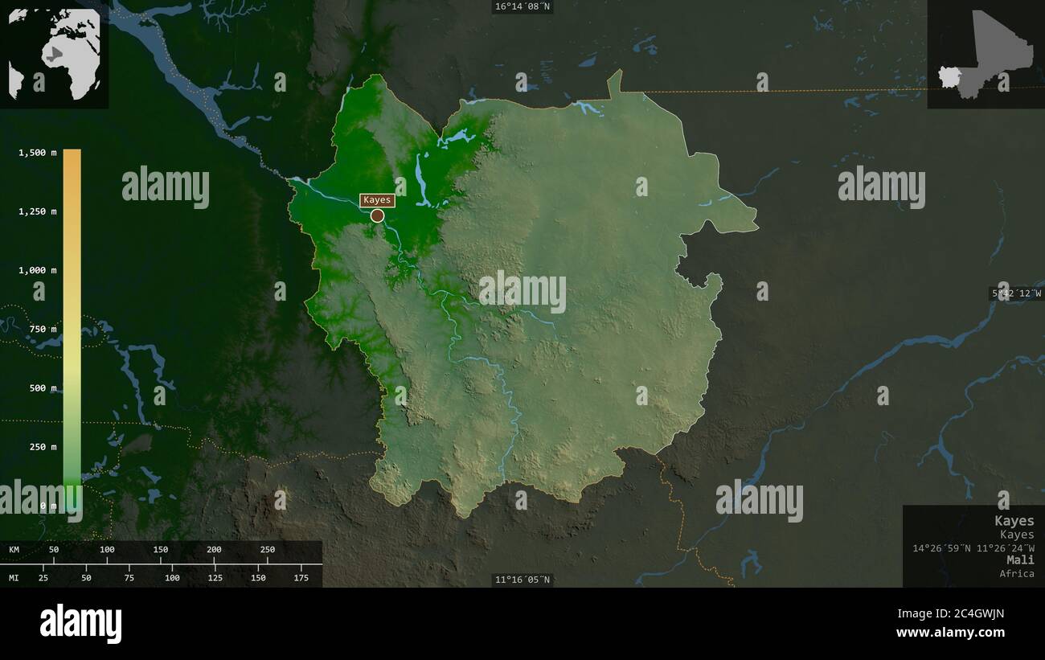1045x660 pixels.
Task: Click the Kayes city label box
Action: [x=377, y=200]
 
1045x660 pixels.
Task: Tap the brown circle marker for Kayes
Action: [x=377, y=215]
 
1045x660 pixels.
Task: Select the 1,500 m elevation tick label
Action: [x=38, y=153]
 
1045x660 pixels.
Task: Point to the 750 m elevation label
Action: [x=43, y=329]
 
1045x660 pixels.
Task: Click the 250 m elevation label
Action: [x=43, y=447]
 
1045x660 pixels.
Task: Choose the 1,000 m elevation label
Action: [x=38, y=270]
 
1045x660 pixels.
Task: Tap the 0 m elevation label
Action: [x=49, y=506]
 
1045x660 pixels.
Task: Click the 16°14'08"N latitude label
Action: [x=522, y=6]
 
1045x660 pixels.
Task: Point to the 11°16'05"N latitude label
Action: [x=522, y=580]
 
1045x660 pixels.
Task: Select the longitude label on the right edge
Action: [x=1016, y=294]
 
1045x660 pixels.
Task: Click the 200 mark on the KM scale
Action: [x=214, y=550]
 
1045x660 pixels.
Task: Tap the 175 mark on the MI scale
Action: [x=301, y=578]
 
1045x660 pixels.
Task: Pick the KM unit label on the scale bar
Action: [x=14, y=550]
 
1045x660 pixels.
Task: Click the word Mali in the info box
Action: [x=1020, y=560]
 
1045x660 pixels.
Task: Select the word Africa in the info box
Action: [x=1017, y=573]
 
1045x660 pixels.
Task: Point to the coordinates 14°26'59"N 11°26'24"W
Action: [x=973, y=548]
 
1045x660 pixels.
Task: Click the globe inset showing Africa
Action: [x=55, y=55]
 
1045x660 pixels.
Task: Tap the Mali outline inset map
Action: [x=986, y=55]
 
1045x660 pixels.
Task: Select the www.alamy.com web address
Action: [x=950, y=633]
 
